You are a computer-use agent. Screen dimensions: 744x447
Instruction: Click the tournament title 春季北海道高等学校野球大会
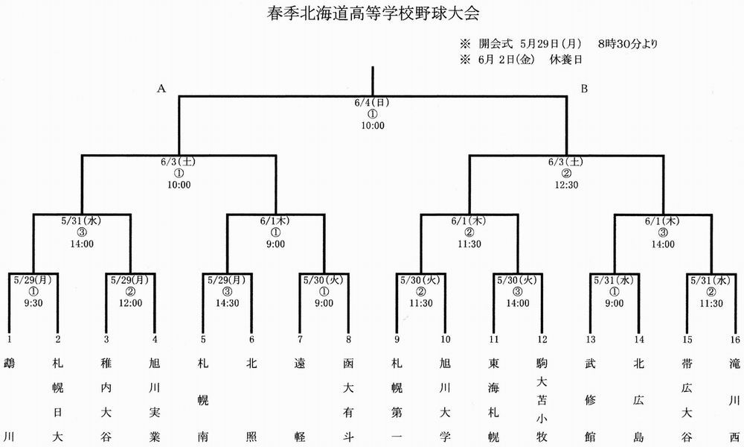tap(373, 13)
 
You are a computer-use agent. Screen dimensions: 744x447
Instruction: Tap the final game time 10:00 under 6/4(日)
tap(373, 126)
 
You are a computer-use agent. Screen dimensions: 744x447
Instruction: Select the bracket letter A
tap(161, 89)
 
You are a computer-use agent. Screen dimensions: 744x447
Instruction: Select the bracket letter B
tap(584, 89)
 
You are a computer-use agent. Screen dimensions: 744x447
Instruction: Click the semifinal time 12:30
tap(566, 185)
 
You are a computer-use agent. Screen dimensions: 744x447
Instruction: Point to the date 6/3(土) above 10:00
tap(179, 162)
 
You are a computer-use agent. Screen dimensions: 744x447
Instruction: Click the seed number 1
tap(10, 339)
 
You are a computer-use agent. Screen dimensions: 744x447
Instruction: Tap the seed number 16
tap(735, 339)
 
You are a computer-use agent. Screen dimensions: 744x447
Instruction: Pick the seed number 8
tap(348, 339)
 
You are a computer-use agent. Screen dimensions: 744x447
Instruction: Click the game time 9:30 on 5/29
tap(33, 303)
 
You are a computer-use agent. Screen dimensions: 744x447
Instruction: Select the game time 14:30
tap(227, 303)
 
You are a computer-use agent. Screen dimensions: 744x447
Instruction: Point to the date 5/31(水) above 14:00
tap(82, 221)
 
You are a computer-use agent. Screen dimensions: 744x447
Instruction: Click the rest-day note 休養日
tap(565, 60)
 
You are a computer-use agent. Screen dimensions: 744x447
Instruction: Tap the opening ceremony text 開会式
tap(496, 44)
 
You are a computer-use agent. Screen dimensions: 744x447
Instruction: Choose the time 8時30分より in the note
tap(628, 44)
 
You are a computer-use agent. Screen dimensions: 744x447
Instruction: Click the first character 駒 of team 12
tap(542, 364)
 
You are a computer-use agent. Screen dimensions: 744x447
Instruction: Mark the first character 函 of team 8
tap(348, 364)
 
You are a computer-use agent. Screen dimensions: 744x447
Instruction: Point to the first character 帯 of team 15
tap(687, 364)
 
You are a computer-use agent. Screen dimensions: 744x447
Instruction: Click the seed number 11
tap(494, 339)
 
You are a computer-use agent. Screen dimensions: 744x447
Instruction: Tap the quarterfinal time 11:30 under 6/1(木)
tap(469, 244)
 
